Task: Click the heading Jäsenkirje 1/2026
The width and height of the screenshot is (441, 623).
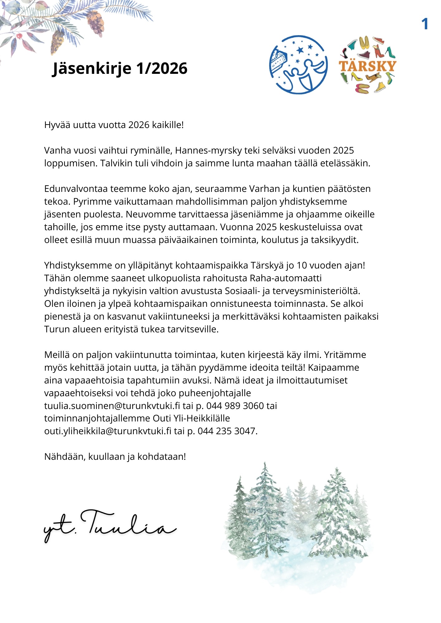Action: (x=120, y=68)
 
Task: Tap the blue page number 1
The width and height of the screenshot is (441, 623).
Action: (x=425, y=24)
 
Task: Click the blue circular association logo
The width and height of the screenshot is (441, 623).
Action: (x=298, y=64)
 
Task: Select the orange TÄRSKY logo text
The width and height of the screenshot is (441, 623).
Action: (x=367, y=66)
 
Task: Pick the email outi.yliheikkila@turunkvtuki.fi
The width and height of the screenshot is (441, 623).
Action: (x=108, y=431)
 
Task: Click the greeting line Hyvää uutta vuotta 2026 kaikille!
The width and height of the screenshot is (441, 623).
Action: (x=114, y=125)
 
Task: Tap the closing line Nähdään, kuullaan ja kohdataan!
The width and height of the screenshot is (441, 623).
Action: (x=115, y=457)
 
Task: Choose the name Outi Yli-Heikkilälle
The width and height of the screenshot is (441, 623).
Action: (x=191, y=418)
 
